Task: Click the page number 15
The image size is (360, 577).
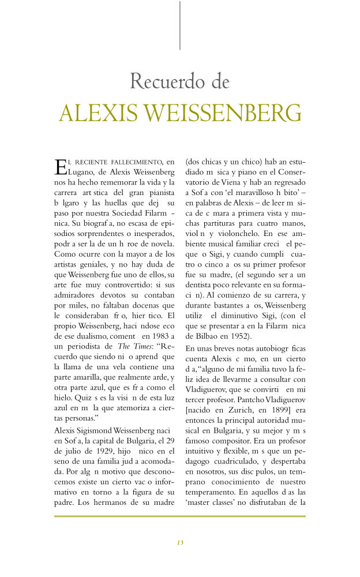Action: (180, 542)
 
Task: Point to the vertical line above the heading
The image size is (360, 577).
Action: (180, 25)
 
